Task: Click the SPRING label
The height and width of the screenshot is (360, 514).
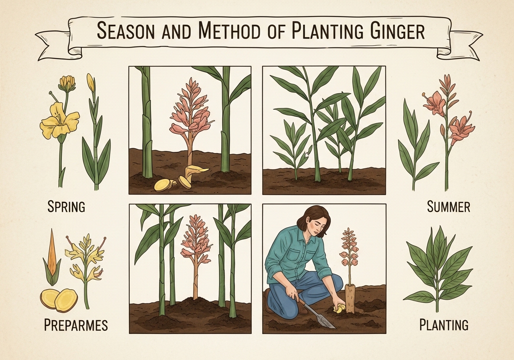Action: point(66,207)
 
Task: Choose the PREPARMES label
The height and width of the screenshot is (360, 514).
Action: point(75,325)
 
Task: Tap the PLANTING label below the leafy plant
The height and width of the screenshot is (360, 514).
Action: point(444,325)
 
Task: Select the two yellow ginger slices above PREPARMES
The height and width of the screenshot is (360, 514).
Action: point(59,300)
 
